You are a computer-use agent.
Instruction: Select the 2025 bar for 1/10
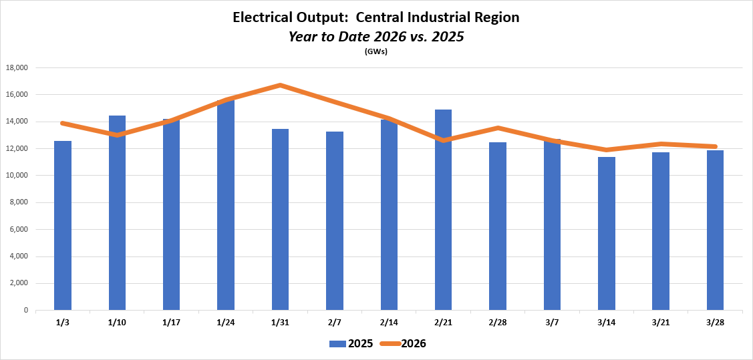tap(117, 213)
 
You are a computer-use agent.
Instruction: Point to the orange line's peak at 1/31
tap(281, 85)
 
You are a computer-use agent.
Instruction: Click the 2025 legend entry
tap(353, 343)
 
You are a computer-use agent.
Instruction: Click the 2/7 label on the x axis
tap(335, 322)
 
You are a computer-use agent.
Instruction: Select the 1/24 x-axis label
tap(226, 322)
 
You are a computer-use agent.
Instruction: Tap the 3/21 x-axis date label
tap(661, 322)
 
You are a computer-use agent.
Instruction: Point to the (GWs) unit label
tap(376, 51)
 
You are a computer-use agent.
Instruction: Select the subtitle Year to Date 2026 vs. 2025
tap(376, 37)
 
